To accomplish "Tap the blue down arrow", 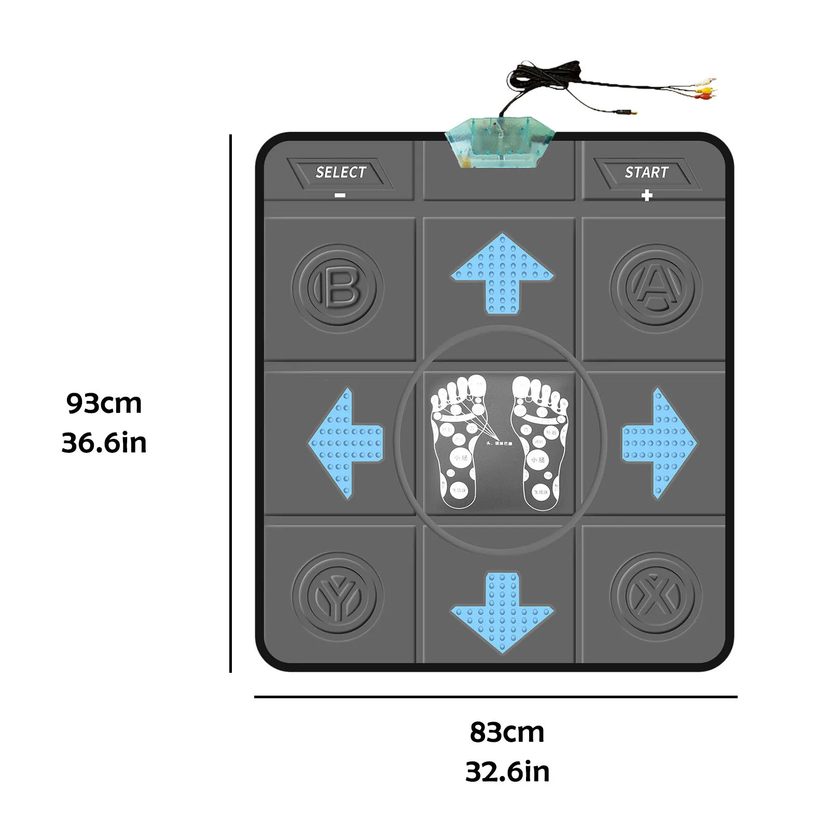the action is (x=502, y=612).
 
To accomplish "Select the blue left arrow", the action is (x=345, y=444).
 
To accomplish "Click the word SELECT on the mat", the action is (x=341, y=172).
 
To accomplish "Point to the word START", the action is (x=646, y=172).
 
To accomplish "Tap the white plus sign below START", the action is (x=646, y=196).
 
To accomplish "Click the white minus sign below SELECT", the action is (x=340, y=196).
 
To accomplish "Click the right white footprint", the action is (x=539, y=441).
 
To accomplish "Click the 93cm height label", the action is (x=104, y=404).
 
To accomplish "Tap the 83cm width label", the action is (x=507, y=732).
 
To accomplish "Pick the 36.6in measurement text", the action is (x=104, y=444).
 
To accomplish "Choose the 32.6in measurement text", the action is (x=507, y=772).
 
